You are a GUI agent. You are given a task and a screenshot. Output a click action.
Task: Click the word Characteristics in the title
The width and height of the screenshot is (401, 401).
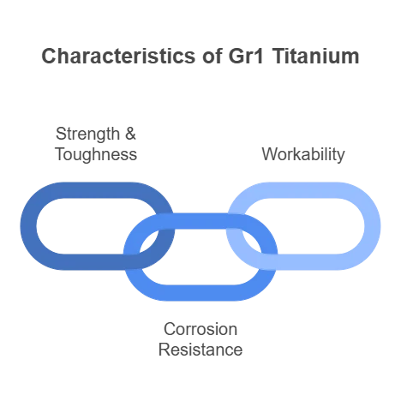coord(118,56)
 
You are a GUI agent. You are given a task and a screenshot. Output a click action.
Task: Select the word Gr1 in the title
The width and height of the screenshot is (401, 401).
coord(246,56)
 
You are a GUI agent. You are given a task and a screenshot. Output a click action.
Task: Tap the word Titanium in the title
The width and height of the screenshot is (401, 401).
coord(315,56)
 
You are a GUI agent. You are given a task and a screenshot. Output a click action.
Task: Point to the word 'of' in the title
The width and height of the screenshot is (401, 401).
coord(212,56)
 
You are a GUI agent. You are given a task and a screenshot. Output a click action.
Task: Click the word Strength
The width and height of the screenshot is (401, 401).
coord(87,134)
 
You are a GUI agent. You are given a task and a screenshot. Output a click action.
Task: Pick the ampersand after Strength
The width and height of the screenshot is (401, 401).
coord(130,134)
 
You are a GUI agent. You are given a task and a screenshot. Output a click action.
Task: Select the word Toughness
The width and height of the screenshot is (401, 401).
coord(96,154)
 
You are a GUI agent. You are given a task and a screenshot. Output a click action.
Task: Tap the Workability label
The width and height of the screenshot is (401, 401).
coord(303,154)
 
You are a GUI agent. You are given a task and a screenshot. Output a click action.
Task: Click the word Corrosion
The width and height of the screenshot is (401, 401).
coord(200,329)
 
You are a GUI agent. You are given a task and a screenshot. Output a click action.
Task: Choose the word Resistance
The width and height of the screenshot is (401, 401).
coord(200,350)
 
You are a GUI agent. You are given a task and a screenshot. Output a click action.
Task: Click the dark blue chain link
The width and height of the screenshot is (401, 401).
coord(97,190)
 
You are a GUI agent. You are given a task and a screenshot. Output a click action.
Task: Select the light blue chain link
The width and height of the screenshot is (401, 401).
coord(303,190)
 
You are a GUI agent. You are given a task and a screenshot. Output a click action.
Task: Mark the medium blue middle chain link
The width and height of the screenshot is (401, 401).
coord(200,293)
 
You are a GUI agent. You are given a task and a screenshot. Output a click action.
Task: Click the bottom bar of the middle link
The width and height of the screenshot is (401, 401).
coord(200,293)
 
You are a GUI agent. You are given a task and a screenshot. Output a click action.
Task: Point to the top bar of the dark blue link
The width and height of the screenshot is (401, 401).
coord(97,190)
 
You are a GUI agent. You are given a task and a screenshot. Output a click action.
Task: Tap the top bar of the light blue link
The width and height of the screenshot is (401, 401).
coord(303,190)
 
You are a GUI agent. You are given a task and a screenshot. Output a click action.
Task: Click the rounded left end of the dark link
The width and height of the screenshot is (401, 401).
coord(28,226)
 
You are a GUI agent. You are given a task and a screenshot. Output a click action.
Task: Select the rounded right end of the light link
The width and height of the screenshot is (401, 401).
coord(373,226)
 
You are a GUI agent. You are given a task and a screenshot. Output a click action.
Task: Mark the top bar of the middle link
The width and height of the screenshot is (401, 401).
coord(200,221)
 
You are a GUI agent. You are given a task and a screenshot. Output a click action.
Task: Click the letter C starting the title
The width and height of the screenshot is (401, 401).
coord(48,56)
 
